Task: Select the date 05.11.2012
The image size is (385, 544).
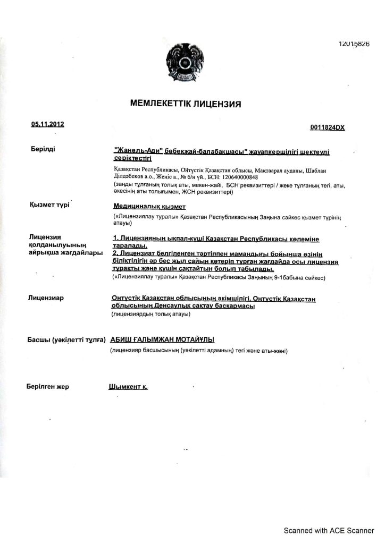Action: [48, 124]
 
